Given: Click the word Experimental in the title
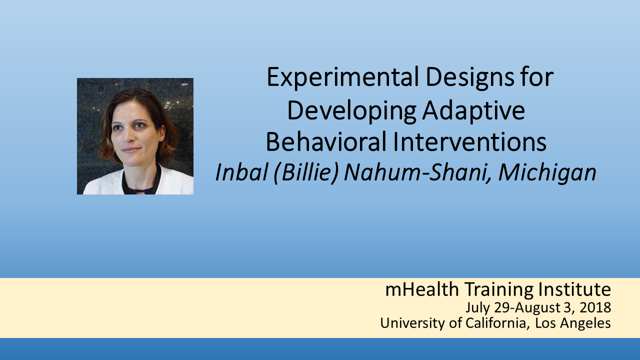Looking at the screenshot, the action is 343,77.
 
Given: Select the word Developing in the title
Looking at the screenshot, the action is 351,111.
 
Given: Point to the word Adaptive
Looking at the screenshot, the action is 473,111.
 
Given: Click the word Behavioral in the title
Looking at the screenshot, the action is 326,141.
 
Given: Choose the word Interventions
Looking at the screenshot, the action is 469,141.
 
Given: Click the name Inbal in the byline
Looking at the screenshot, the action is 241,172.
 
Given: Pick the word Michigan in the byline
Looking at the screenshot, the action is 547,173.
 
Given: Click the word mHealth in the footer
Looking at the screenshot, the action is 422,289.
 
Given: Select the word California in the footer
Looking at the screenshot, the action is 495,323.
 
